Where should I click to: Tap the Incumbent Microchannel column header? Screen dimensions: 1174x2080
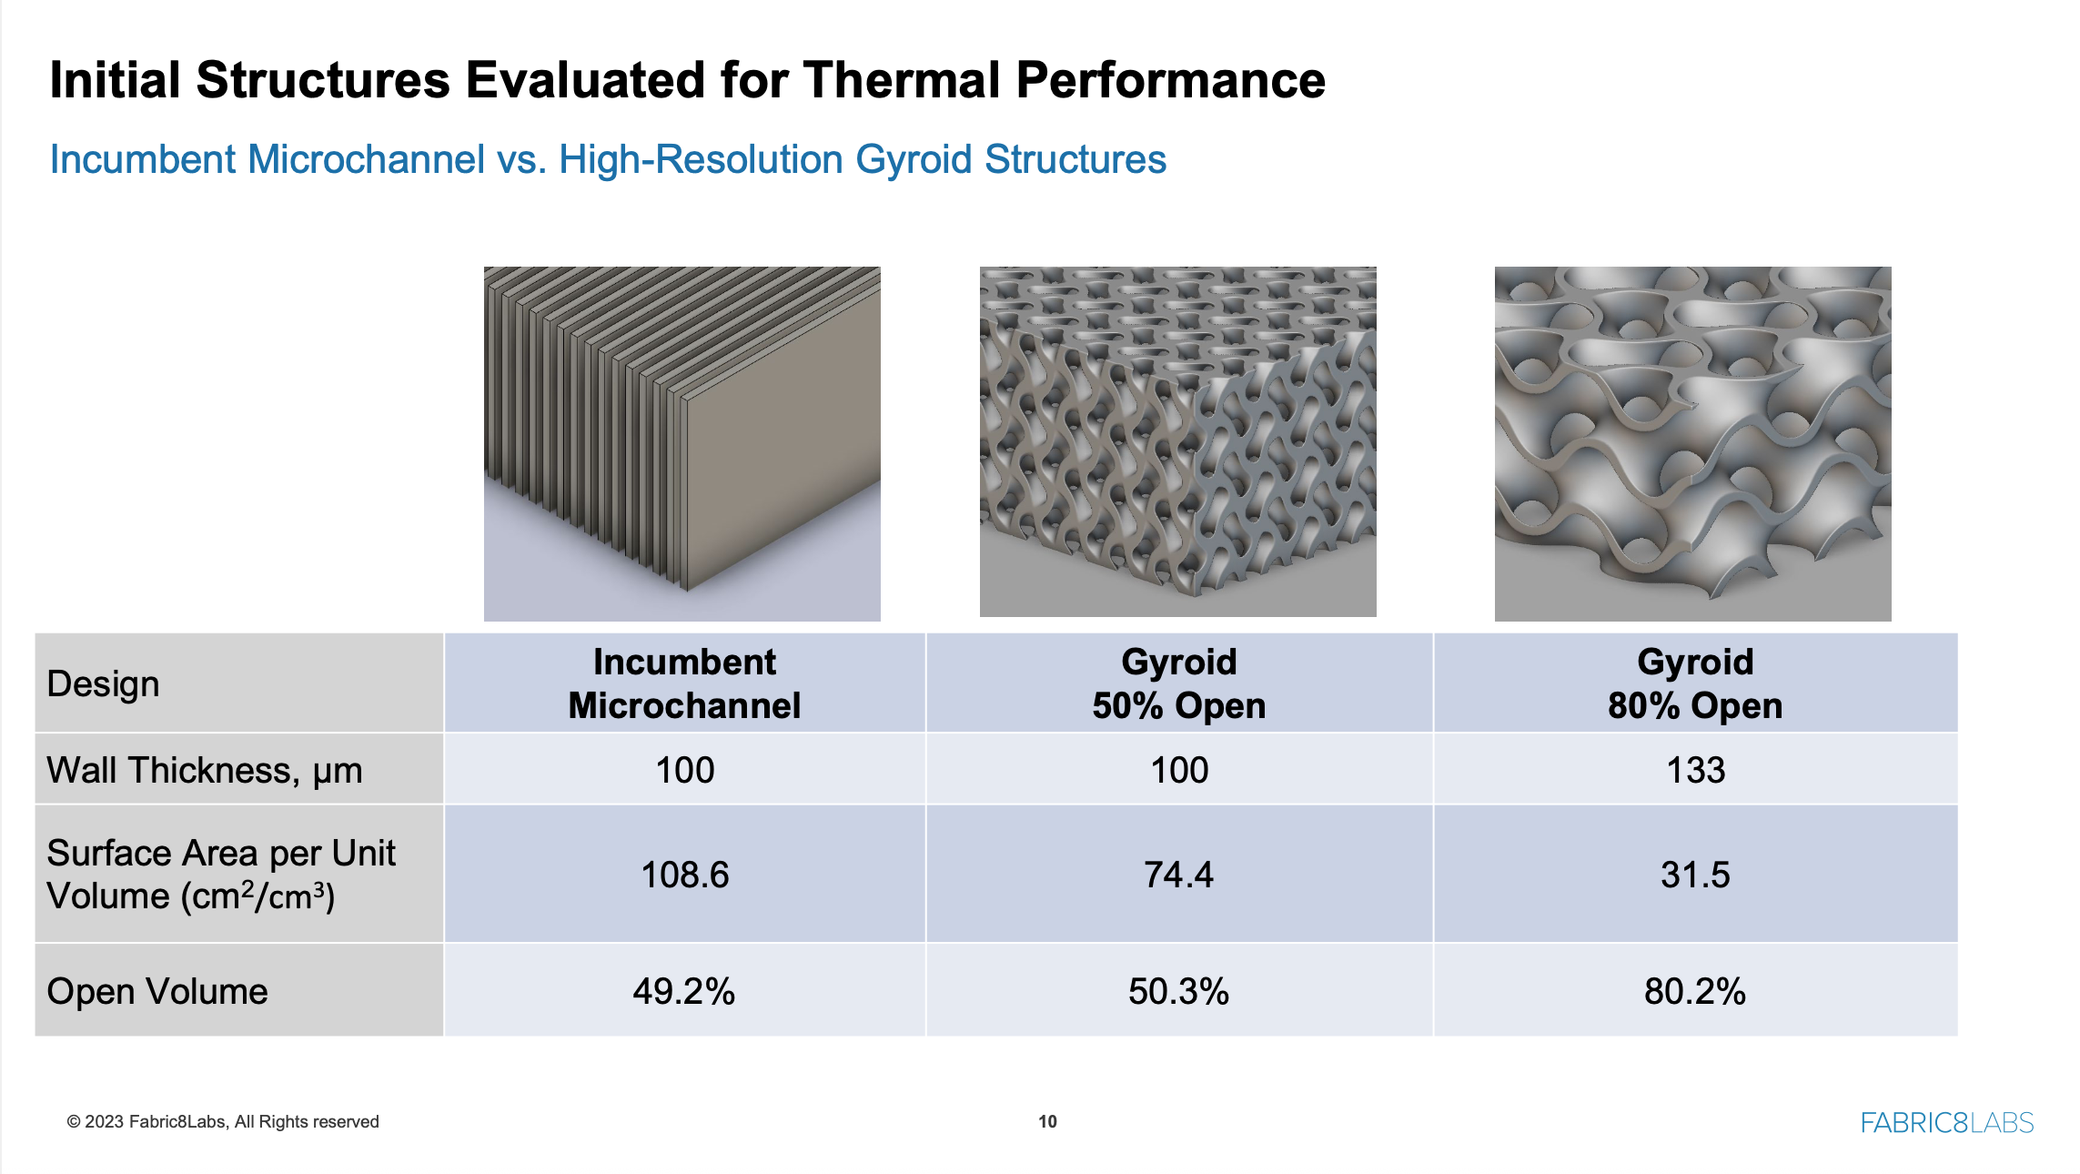point(684,683)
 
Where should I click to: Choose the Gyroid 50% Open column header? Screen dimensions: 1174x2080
point(1178,683)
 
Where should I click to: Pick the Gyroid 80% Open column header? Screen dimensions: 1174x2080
point(1694,683)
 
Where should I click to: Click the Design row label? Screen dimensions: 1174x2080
point(103,683)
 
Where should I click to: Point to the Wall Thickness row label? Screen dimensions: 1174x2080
point(204,770)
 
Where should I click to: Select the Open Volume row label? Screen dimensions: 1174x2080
point(157,991)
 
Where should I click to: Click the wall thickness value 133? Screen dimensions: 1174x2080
point(1694,770)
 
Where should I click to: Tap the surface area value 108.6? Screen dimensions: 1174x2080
point(684,875)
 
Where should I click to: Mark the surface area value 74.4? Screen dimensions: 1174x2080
point(1178,875)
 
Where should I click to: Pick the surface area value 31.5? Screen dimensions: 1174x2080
point(1694,875)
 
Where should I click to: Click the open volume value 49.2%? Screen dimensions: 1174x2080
point(683,991)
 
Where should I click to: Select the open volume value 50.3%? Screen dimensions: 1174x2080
point(1178,991)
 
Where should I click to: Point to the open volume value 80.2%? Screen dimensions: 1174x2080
point(1694,991)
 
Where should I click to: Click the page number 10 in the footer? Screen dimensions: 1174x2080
point(1047,1121)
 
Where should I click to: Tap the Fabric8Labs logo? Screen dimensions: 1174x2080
point(1946,1122)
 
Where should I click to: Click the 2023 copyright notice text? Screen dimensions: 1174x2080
point(223,1121)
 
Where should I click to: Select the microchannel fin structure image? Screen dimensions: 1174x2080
point(682,443)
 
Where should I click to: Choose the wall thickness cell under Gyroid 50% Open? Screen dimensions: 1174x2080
point(1178,770)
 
